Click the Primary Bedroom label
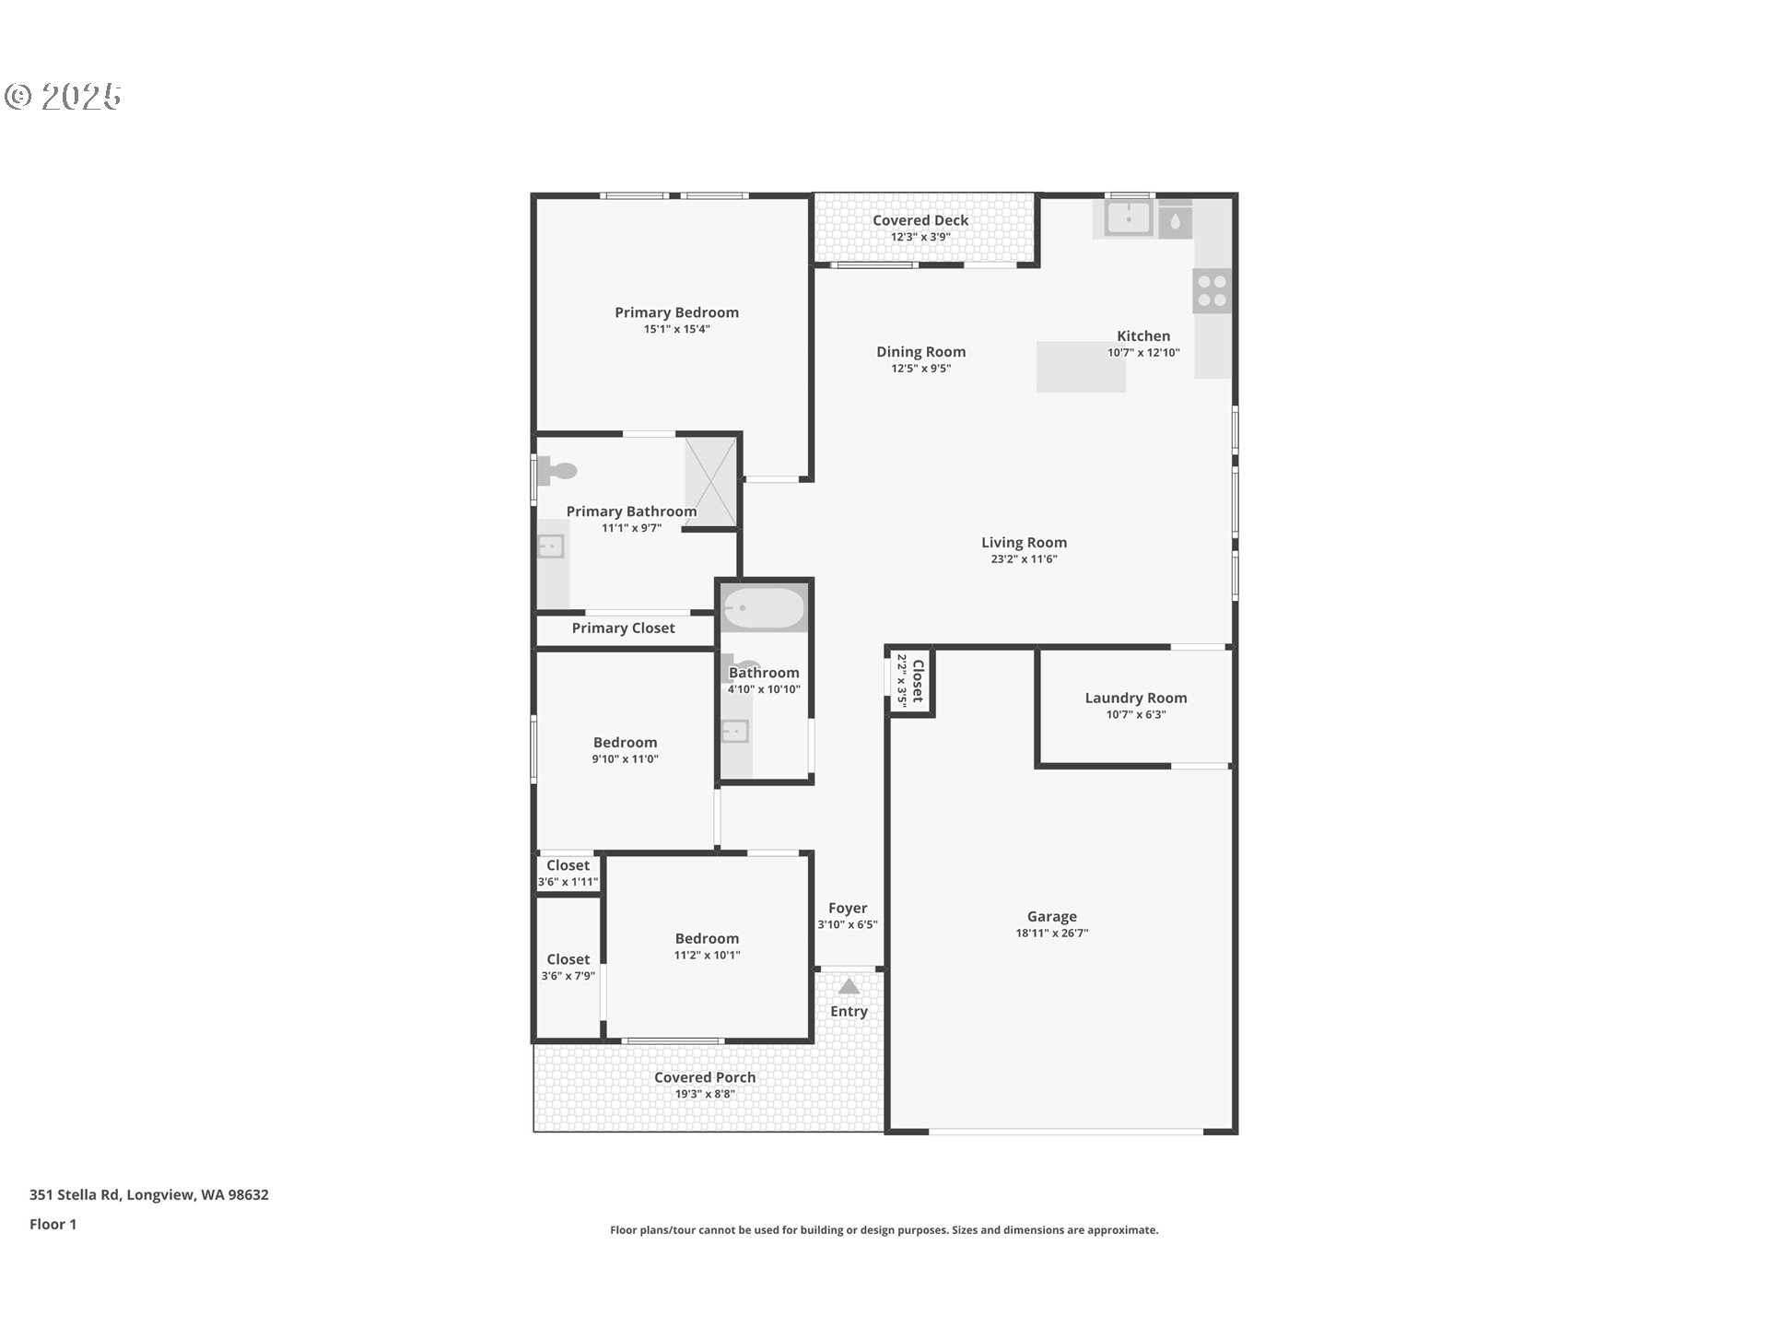coord(676,312)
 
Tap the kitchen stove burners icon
coord(1213,291)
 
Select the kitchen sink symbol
coord(1129,218)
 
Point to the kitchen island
coord(1081,367)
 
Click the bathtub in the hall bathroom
coord(764,608)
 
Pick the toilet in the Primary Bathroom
coord(556,471)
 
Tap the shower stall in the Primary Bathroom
coord(711,482)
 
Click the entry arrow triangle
coord(849,986)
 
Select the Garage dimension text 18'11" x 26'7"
coord(1051,933)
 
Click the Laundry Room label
coord(1136,699)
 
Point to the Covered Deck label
coord(920,220)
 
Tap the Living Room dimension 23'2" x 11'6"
coord(1024,558)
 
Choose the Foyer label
coord(848,909)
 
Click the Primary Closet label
coord(623,628)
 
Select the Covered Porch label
coord(705,1077)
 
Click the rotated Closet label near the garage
coord(918,681)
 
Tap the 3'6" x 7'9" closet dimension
coord(568,976)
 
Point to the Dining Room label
coord(920,352)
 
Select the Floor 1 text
coord(53,1225)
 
